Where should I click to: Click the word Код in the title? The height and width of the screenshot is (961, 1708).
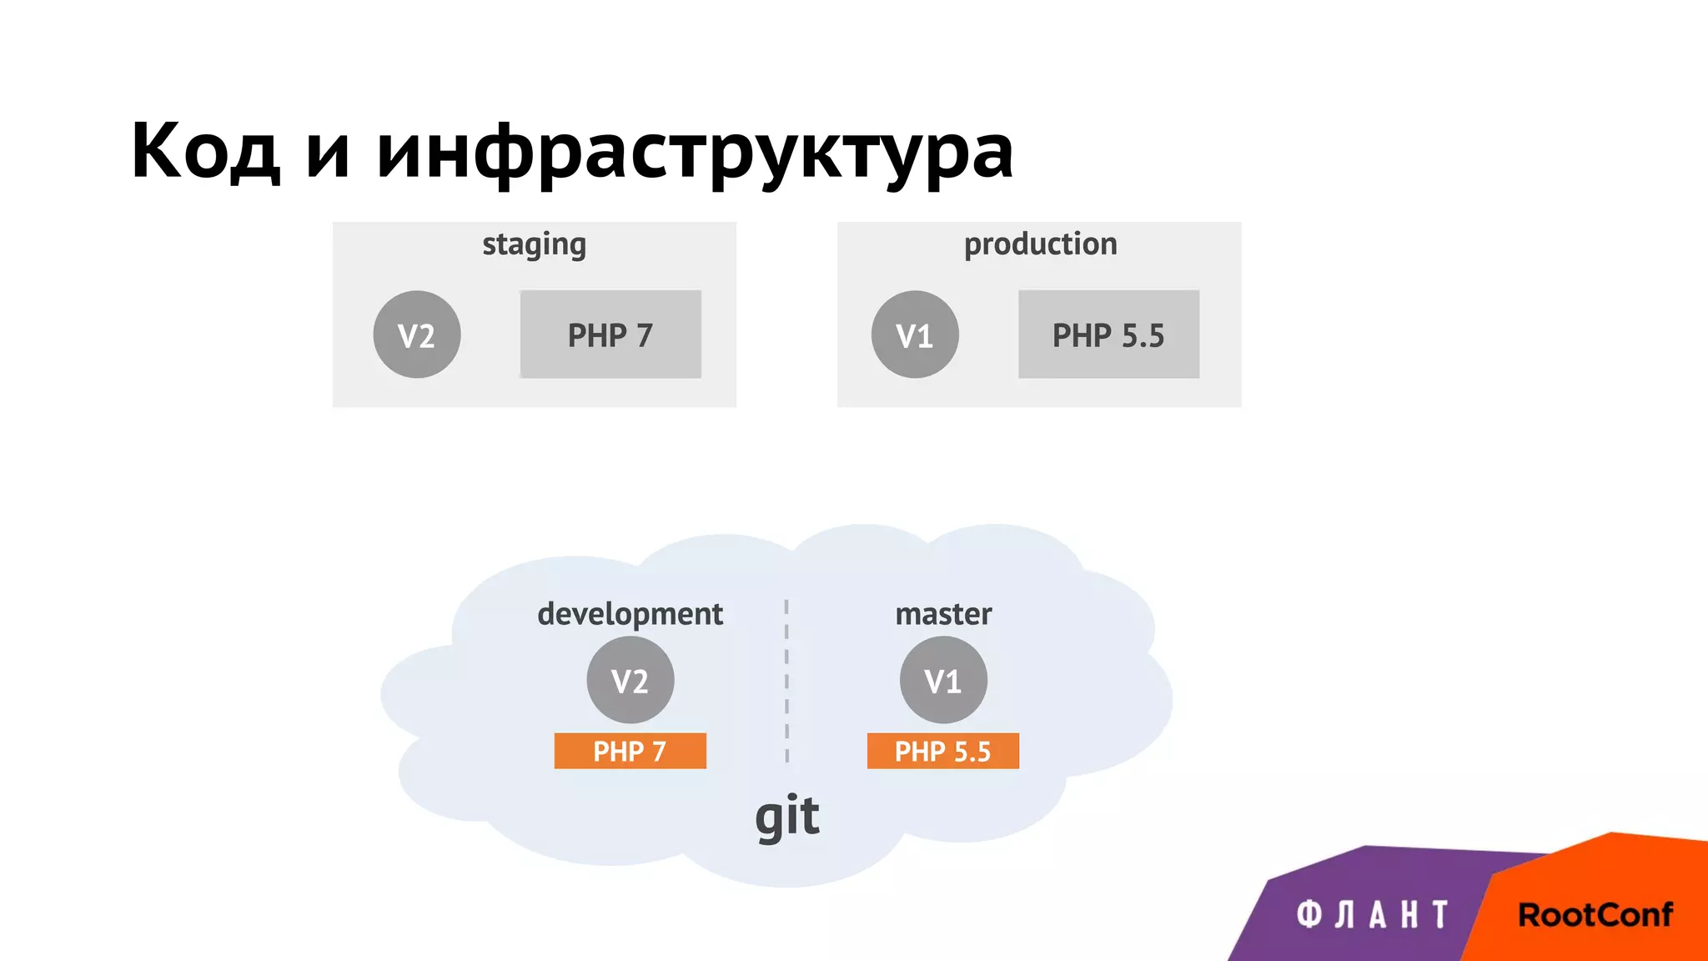[205, 151]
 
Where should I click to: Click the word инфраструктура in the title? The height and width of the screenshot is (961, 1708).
[694, 153]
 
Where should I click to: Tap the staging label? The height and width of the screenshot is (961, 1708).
[534, 245]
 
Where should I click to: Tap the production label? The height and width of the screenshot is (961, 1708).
[1040, 244]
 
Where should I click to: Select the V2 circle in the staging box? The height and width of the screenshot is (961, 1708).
[416, 335]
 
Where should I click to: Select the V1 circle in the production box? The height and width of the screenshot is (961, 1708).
[914, 335]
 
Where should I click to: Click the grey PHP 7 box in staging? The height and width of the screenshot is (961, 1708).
[610, 335]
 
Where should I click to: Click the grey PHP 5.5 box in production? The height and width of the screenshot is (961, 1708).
[1108, 335]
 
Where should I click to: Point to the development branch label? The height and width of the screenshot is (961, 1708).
[630, 614]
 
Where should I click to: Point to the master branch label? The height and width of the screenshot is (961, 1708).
[943, 614]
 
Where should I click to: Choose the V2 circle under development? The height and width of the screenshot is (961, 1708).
[630, 680]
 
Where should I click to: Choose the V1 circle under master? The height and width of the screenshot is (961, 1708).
[943, 680]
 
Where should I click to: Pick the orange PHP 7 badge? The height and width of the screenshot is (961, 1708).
[630, 751]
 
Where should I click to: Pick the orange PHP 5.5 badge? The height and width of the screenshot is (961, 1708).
[942, 751]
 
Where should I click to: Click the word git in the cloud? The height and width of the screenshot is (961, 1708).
[786, 816]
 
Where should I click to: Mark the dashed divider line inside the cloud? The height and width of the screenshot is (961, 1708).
[786, 680]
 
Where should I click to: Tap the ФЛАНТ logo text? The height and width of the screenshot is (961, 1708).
[1372, 915]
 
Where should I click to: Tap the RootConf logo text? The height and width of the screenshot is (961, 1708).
[1595, 915]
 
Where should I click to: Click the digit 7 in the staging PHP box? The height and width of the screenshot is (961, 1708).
[644, 335]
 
